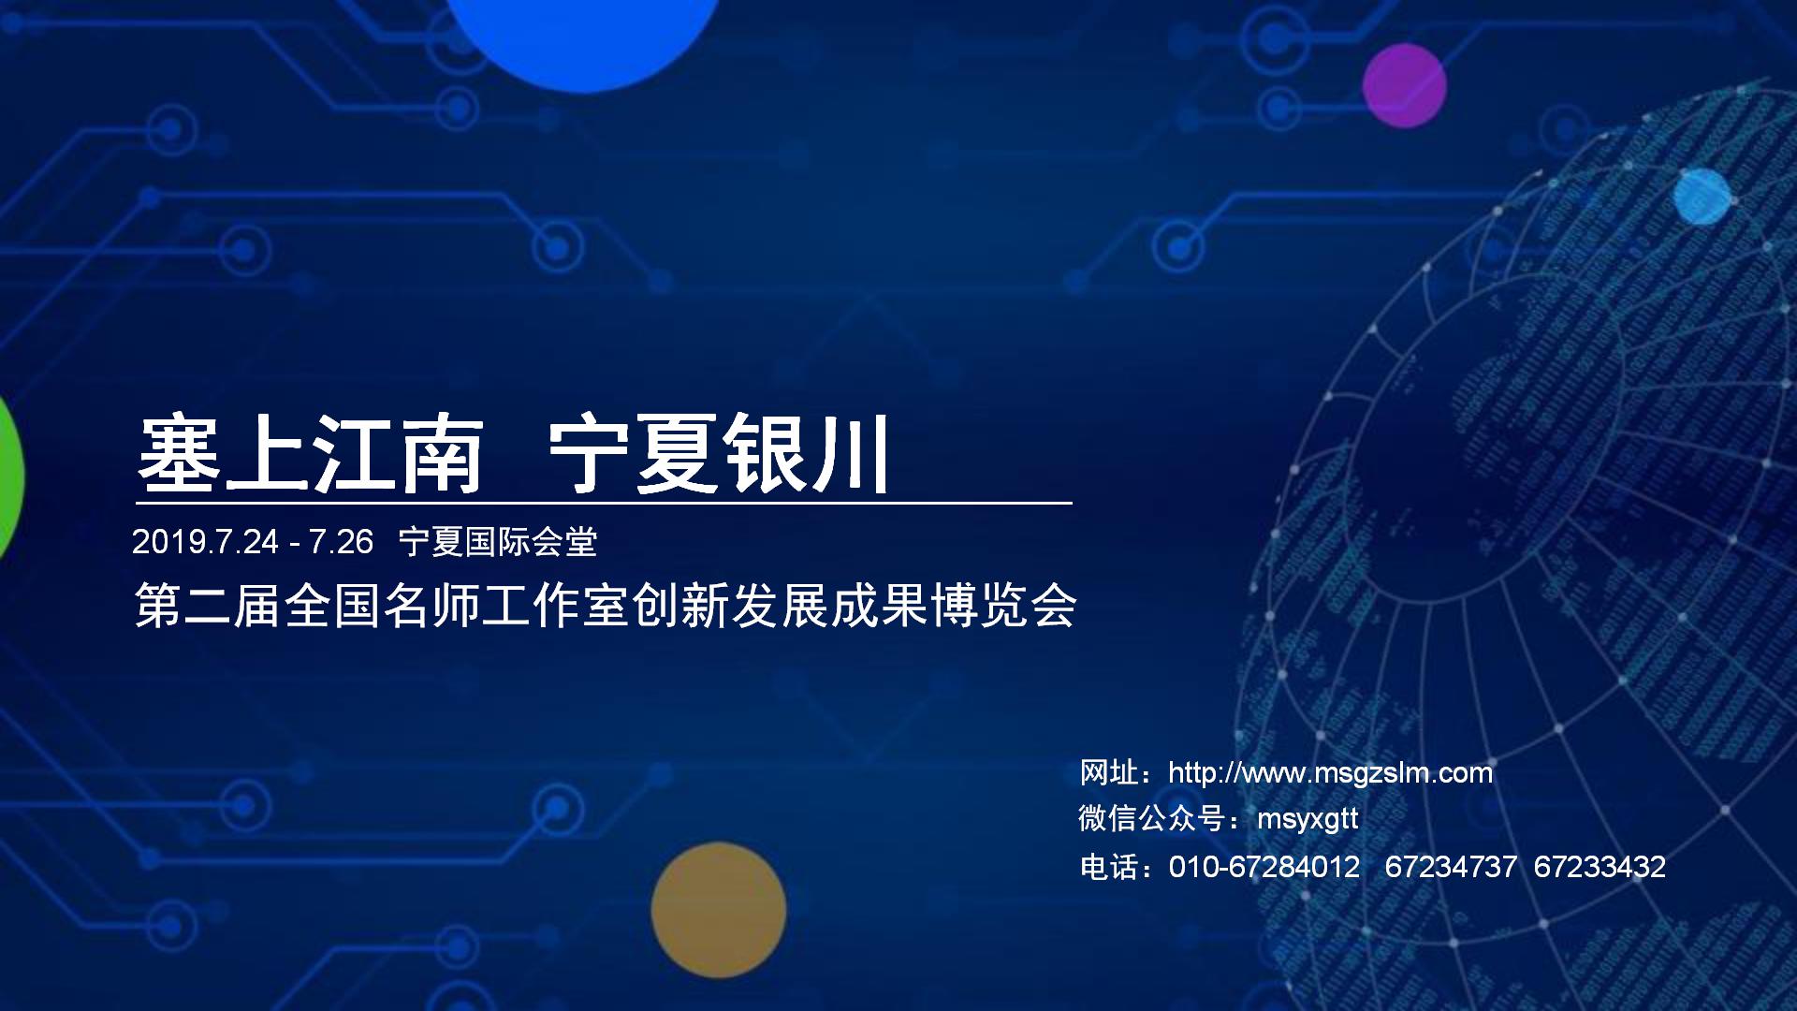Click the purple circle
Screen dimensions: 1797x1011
[x=1404, y=85]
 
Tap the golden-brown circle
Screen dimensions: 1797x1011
[x=719, y=910]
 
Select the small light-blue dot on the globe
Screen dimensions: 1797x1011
[x=1702, y=197]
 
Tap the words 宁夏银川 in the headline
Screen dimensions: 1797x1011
[x=718, y=455]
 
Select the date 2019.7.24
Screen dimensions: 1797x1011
[x=205, y=542]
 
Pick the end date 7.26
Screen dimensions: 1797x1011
[x=341, y=542]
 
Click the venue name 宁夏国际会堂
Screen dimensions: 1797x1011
[x=498, y=542]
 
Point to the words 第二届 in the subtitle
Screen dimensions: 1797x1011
[x=209, y=606]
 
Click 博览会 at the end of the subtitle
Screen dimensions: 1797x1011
[x=1002, y=606]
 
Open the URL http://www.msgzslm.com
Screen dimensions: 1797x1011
[x=1331, y=773]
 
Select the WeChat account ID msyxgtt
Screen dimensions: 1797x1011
[x=1308, y=819]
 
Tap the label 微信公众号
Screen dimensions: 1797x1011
[x=1152, y=819]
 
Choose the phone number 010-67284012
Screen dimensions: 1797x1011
[x=1264, y=867]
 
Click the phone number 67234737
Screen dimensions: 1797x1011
[x=1451, y=867]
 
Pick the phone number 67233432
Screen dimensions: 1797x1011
[x=1600, y=867]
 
